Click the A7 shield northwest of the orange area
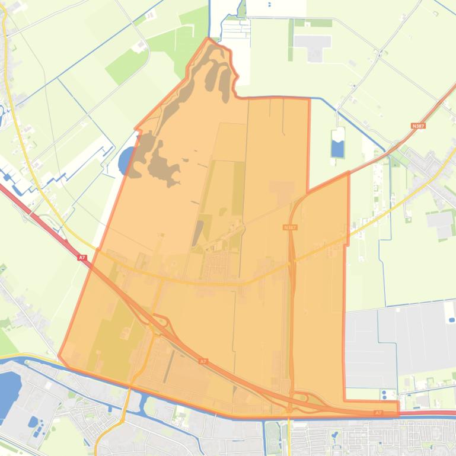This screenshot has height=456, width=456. point(82,258)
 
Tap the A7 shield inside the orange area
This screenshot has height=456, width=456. point(203,361)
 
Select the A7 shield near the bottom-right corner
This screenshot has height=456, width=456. point(378,413)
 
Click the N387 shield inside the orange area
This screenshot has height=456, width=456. point(289,227)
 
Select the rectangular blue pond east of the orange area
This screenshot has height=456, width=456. point(337,149)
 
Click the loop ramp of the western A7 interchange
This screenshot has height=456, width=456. point(163,325)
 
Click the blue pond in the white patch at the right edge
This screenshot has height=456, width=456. point(452,320)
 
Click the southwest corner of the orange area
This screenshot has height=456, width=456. point(59,355)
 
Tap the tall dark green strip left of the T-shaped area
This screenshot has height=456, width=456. point(291,39)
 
